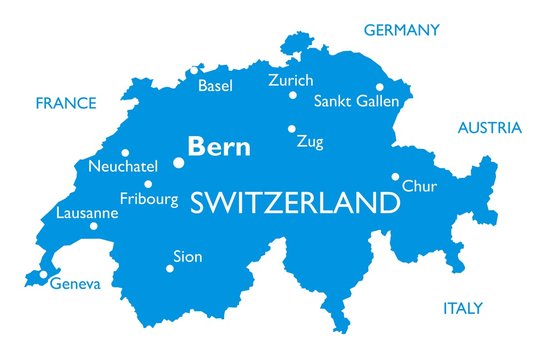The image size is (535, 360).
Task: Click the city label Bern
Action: (x=219, y=147)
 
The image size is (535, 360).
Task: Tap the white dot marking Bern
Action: (x=179, y=162)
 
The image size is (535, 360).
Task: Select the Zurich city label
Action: (x=291, y=80)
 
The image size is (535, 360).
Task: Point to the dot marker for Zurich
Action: (x=293, y=96)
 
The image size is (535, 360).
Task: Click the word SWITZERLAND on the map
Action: (x=294, y=204)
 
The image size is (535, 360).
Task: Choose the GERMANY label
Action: (x=401, y=30)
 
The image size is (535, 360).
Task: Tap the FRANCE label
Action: (x=66, y=103)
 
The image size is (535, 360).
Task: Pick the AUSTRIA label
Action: (x=489, y=128)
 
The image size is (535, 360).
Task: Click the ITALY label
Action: (x=463, y=308)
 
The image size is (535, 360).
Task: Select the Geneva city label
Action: (x=75, y=284)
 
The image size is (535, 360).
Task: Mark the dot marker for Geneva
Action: (x=43, y=274)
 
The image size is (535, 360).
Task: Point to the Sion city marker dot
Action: (x=168, y=267)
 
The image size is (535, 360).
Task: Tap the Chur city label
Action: (x=418, y=186)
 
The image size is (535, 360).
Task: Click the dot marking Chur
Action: (x=395, y=176)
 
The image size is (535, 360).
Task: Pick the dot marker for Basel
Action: (x=193, y=70)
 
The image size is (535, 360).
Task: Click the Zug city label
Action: (x=310, y=142)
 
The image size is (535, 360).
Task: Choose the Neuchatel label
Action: (x=123, y=165)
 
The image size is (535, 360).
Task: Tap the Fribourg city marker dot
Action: (x=148, y=184)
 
